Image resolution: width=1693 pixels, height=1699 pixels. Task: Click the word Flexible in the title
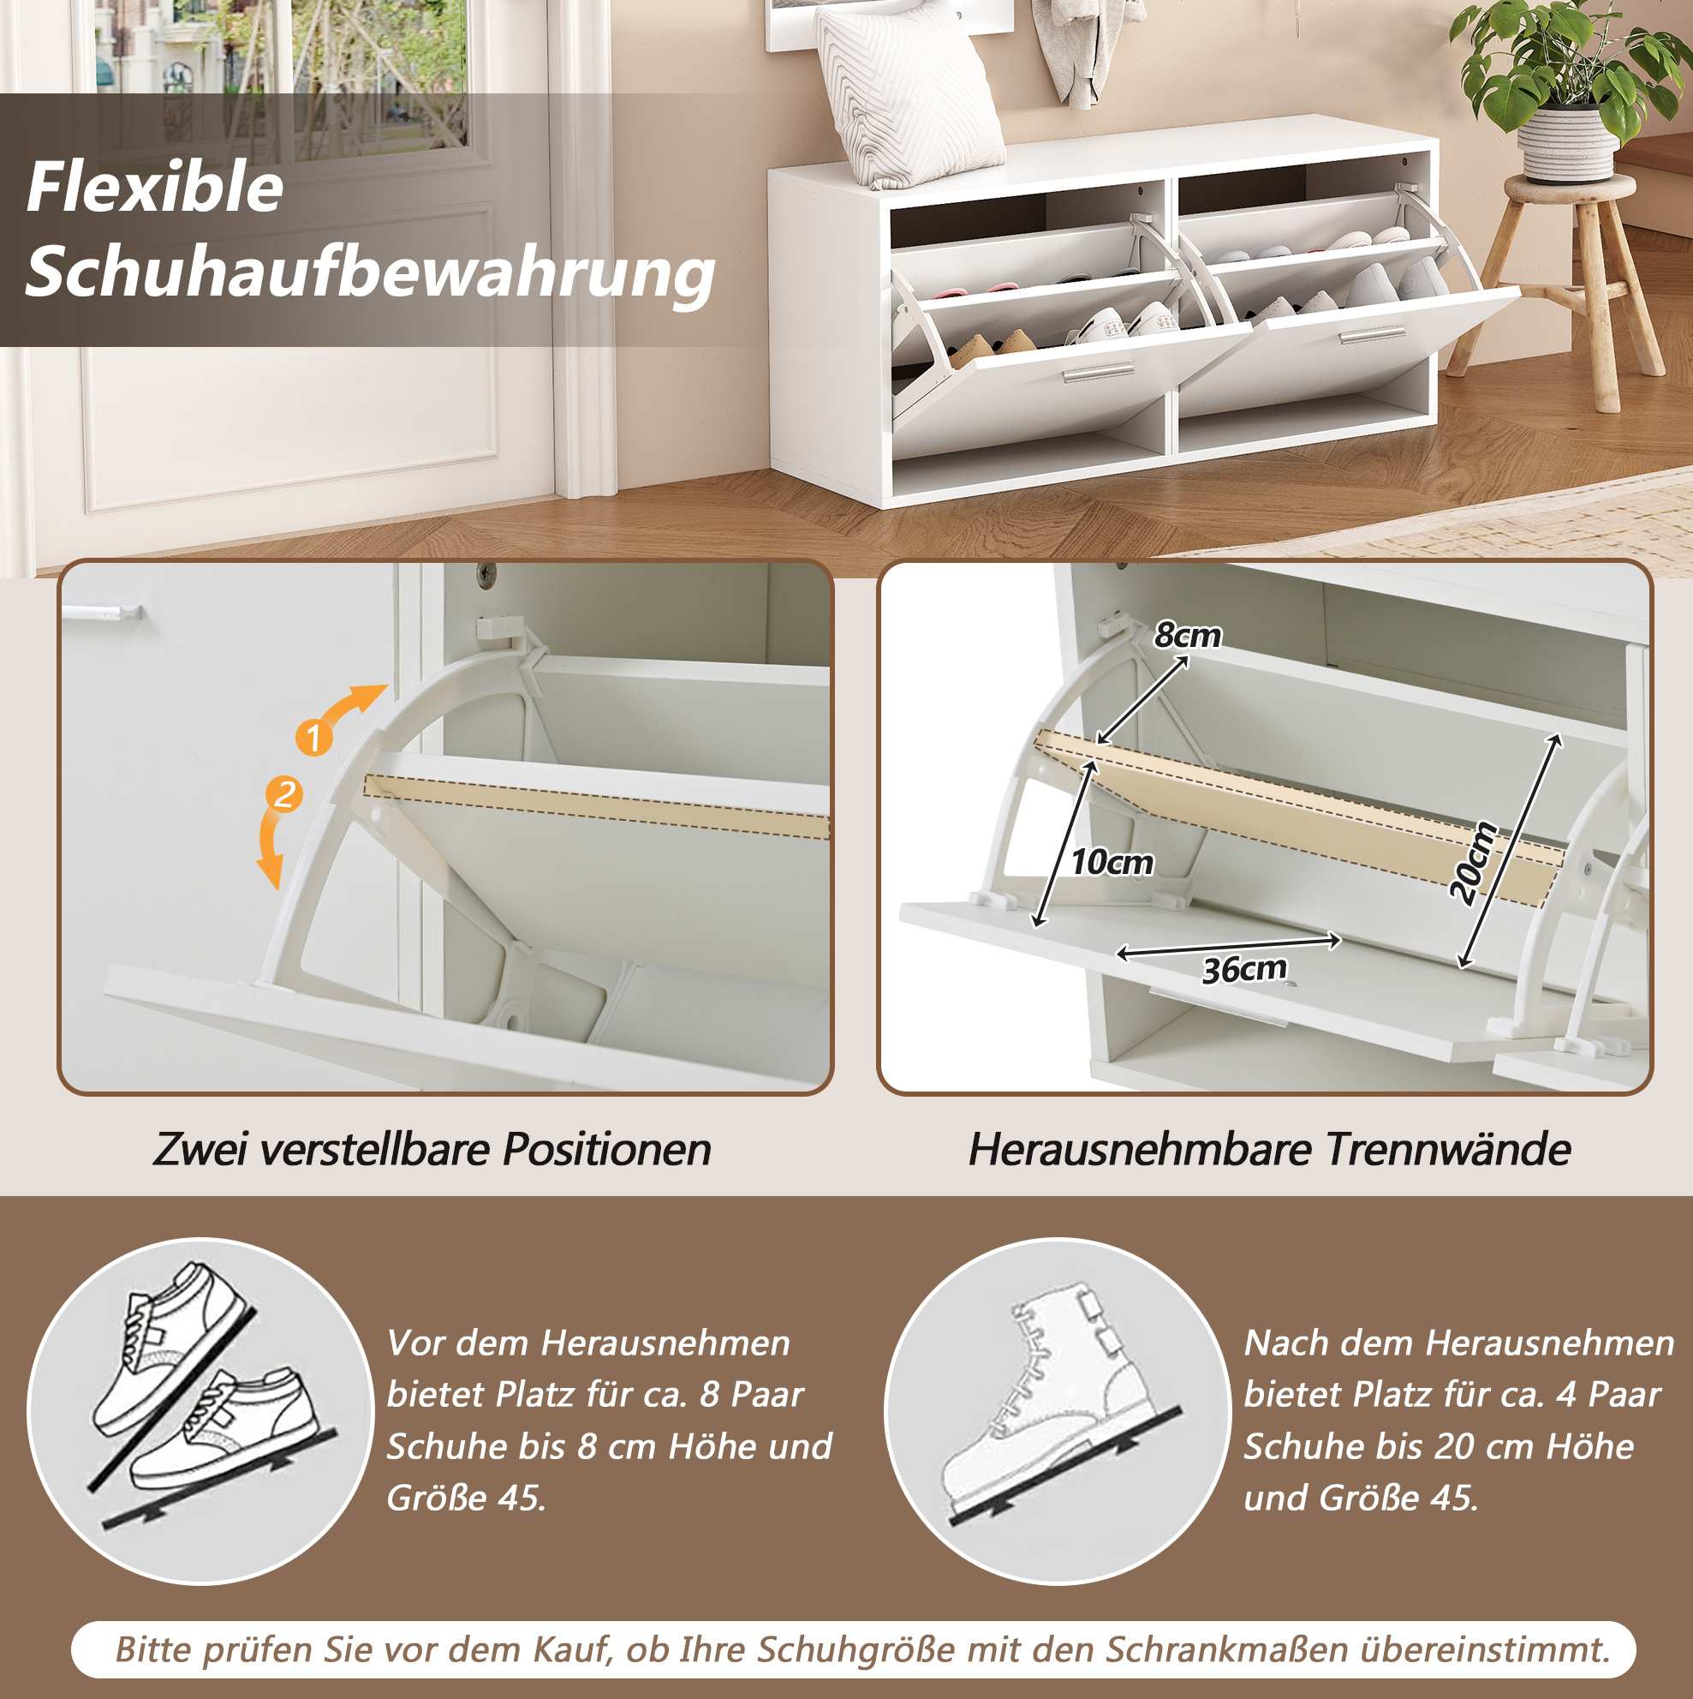coord(155,188)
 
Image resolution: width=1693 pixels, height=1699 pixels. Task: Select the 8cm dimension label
coord(1188,635)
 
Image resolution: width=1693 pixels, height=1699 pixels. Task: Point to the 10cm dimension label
coord(1111,862)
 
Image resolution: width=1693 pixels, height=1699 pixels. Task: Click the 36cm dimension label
coord(1243,969)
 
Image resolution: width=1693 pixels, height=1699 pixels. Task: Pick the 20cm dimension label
coord(1473,863)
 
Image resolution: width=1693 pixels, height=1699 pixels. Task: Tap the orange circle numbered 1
coord(313,737)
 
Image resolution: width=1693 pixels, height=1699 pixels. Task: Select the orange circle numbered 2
coord(284,795)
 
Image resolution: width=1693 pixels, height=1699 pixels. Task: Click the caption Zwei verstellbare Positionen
coord(432,1150)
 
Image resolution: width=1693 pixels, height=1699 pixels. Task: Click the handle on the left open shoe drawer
coord(1098,373)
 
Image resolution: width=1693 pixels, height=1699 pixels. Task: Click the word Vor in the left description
coord(414,1343)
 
